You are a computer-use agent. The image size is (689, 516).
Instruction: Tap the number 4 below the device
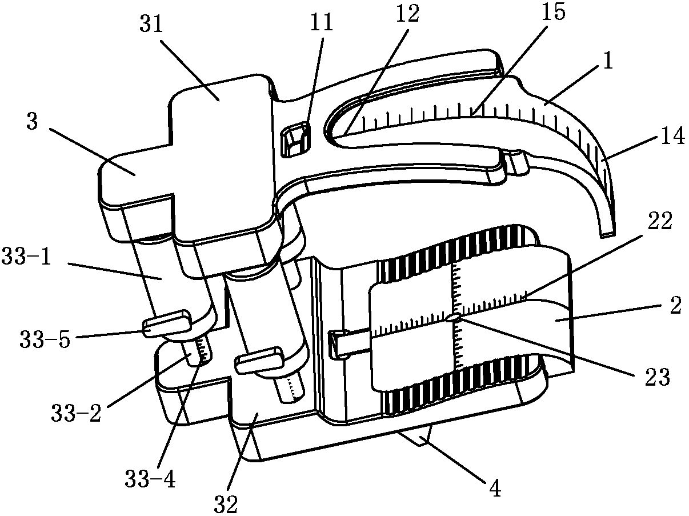click(495, 489)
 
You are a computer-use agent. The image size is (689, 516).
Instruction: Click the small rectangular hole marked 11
click(297, 139)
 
